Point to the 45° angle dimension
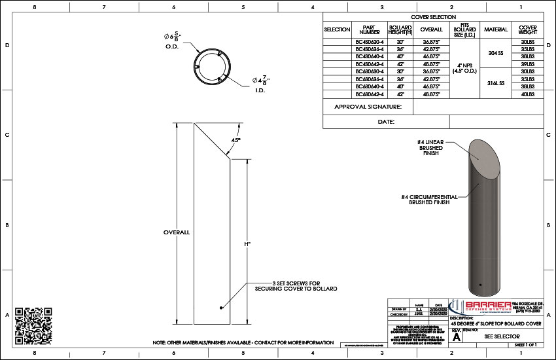coord(236,141)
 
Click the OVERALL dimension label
coord(177,232)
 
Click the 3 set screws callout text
coord(296,286)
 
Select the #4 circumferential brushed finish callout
coord(430,199)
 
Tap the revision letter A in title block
coord(457,336)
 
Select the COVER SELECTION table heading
coord(434,17)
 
